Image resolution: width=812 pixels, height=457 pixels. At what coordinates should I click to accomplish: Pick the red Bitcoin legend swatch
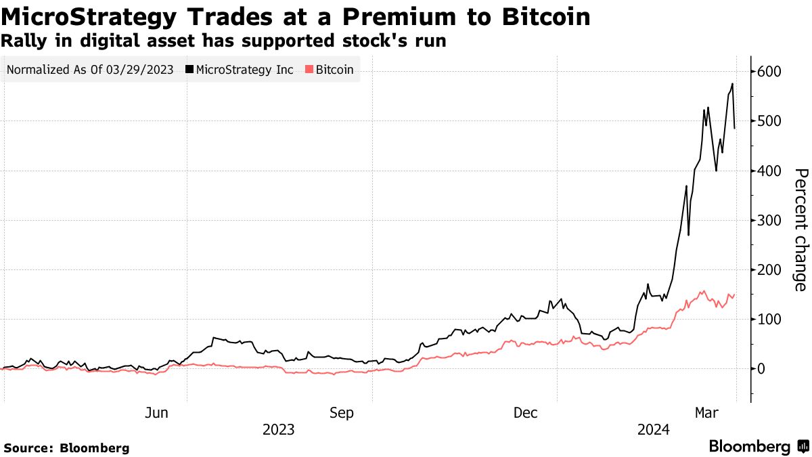(x=310, y=70)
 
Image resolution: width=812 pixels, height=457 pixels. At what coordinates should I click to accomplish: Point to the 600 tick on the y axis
(x=769, y=72)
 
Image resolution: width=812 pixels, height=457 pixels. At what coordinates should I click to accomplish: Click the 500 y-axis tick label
(x=769, y=121)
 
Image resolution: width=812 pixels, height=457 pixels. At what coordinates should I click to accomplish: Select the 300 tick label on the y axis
(x=769, y=220)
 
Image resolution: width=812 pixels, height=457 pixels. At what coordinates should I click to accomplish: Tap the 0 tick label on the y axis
(x=762, y=369)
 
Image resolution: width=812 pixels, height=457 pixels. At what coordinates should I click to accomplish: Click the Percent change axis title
(x=800, y=230)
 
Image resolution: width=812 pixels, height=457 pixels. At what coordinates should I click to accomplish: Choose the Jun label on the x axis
(x=156, y=413)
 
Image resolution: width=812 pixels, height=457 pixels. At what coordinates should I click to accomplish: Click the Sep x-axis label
(x=341, y=413)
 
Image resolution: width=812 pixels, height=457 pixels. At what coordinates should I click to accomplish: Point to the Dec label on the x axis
(x=526, y=413)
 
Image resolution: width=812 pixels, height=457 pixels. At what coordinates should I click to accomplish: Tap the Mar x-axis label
(x=706, y=413)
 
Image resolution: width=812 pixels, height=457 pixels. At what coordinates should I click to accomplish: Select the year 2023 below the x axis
(x=278, y=430)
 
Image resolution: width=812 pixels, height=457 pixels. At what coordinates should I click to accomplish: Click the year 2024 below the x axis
(x=654, y=430)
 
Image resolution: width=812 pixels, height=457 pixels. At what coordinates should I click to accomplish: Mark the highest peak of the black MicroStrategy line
(x=732, y=84)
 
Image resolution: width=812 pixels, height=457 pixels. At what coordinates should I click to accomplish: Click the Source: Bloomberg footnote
(x=66, y=448)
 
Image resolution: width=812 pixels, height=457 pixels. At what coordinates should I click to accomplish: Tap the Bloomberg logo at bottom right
(x=758, y=447)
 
